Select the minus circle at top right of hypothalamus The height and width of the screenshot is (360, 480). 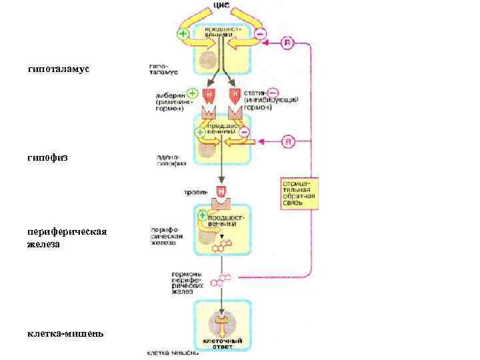click(x=260, y=32)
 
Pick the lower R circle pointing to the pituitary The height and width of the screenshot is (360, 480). click(x=287, y=141)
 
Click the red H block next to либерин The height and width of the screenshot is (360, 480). click(x=209, y=94)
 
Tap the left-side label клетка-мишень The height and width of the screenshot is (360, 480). click(x=65, y=333)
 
